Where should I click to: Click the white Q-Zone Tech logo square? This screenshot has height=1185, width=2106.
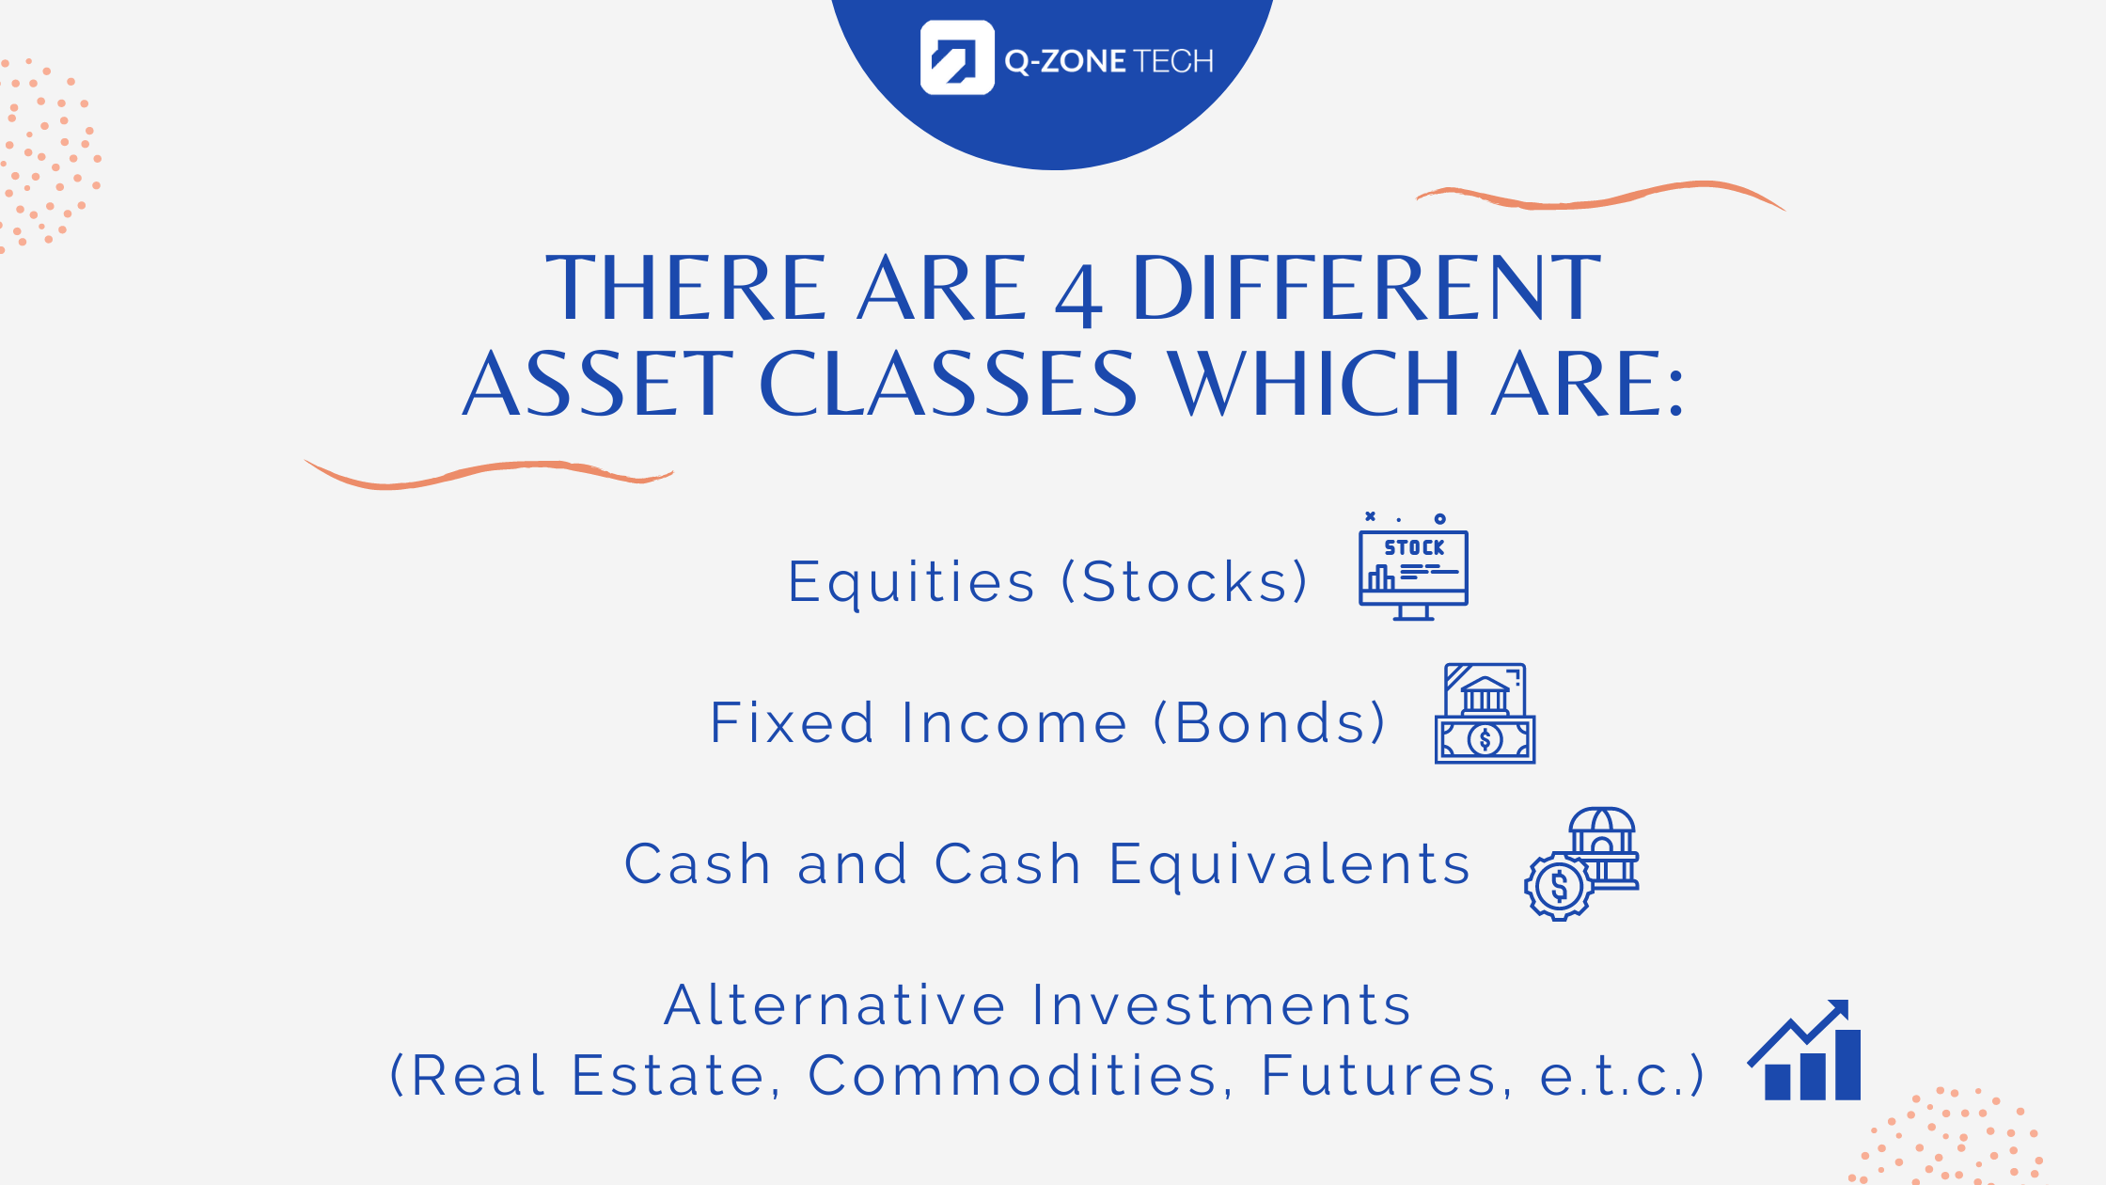click(x=957, y=57)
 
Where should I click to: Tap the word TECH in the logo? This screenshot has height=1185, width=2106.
click(x=1174, y=62)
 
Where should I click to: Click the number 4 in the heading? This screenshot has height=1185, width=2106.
click(x=1078, y=295)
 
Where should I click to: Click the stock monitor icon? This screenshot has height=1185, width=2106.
click(x=1413, y=566)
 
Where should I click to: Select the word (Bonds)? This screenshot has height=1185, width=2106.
click(x=1269, y=722)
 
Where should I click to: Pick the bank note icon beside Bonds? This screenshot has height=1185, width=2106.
click(x=1485, y=714)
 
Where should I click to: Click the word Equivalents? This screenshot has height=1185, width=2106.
click(x=1290, y=866)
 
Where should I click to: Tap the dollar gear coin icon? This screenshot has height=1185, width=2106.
click(x=1558, y=886)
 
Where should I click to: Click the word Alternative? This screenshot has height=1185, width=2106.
click(x=836, y=1004)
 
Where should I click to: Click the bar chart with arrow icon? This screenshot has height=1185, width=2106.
click(x=1804, y=1050)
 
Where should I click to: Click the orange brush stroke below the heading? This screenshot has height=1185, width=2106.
click(x=489, y=474)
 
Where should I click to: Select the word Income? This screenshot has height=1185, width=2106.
click(x=1014, y=722)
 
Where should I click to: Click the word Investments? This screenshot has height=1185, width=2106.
click(x=1221, y=1004)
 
